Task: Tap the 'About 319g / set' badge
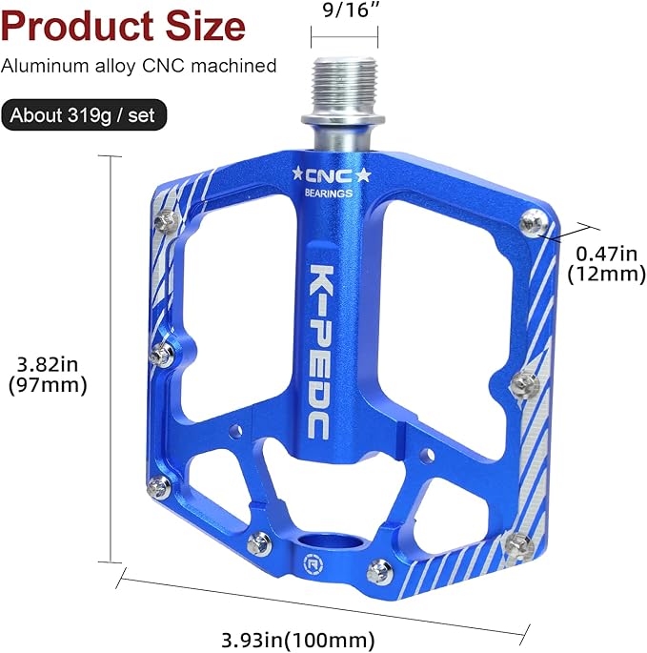[85, 116]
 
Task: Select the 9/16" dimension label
[344, 11]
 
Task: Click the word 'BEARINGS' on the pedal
[329, 194]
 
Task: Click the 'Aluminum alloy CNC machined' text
[139, 66]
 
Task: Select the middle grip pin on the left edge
[160, 357]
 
